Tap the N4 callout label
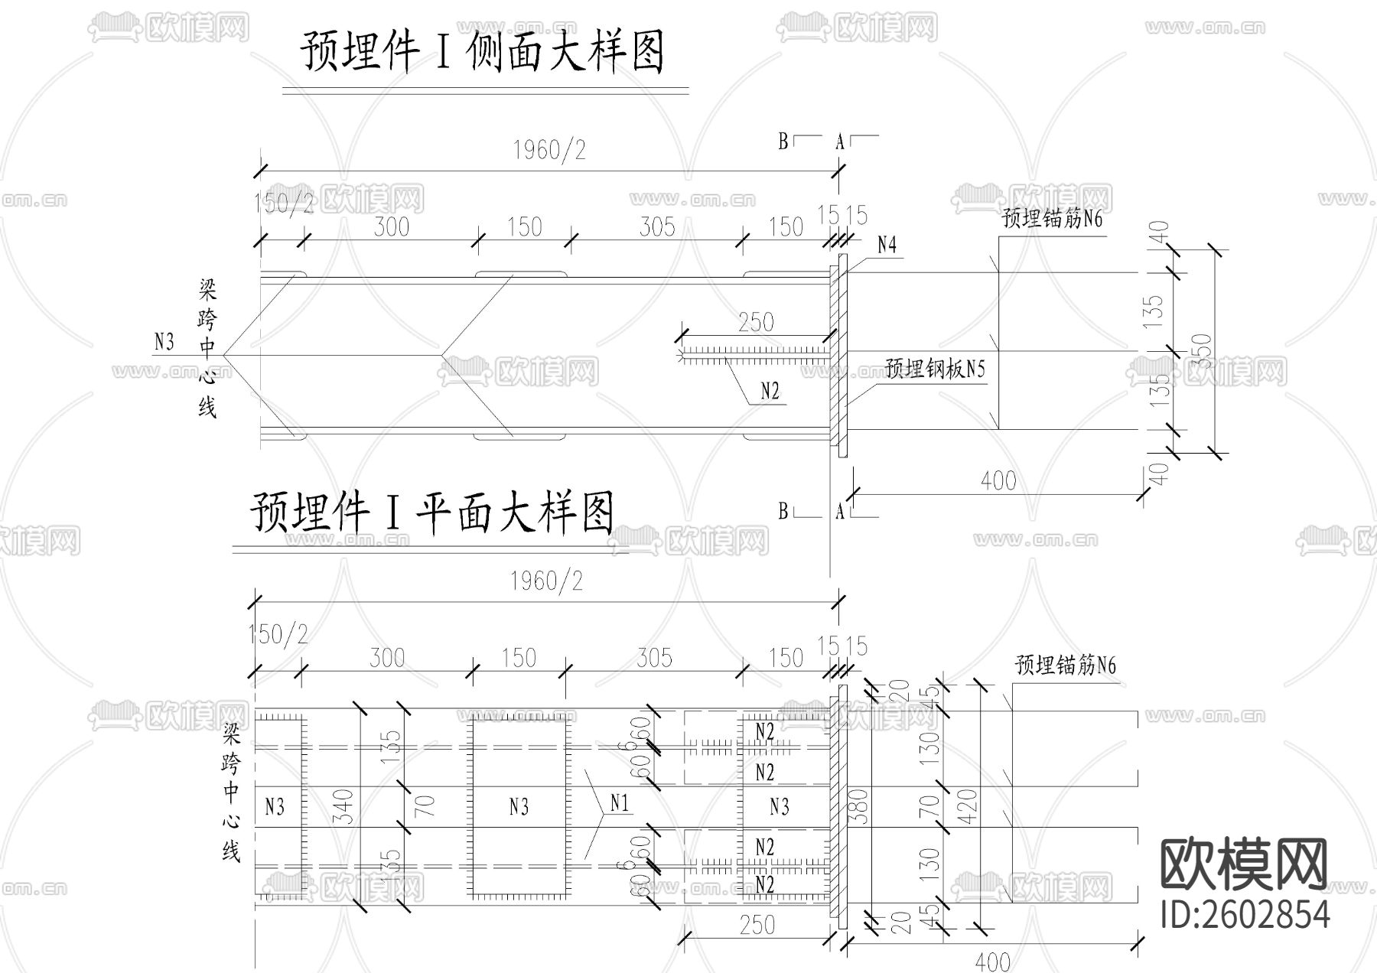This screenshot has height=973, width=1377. tap(887, 245)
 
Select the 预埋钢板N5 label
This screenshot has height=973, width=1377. tap(935, 369)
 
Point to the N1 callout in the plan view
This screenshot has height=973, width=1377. tap(619, 802)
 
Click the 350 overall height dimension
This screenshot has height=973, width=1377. tap(1203, 350)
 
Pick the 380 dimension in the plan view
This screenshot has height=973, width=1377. tap(859, 805)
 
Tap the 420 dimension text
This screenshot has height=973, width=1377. tap(968, 805)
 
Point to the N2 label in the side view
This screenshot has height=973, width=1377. tap(770, 392)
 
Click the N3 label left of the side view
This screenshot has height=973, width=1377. tap(164, 341)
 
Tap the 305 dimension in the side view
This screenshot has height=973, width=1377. tap(657, 226)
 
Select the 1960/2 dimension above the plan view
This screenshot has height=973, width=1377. tap(547, 581)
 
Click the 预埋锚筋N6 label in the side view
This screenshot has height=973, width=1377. tap(1052, 219)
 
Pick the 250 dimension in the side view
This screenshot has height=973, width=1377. tap(756, 322)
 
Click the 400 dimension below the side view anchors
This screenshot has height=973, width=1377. tap(998, 480)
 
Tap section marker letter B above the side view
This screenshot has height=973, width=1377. tap(783, 142)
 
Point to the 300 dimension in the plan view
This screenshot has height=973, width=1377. tap(387, 657)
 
